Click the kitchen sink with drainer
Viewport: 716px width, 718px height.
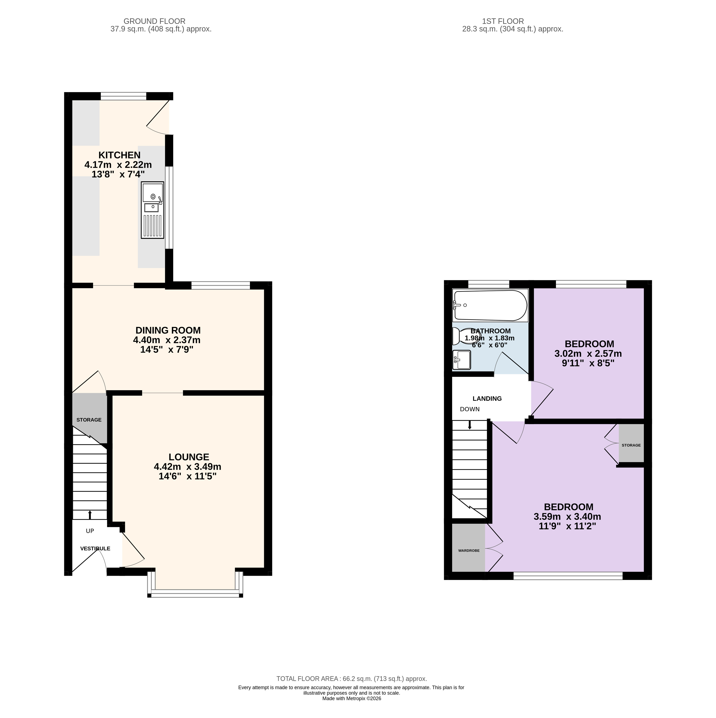(152, 210)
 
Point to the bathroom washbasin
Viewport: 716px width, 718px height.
(461, 360)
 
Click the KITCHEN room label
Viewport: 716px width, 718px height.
(119, 155)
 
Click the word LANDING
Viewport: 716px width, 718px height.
(487, 398)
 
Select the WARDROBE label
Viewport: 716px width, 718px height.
(469, 550)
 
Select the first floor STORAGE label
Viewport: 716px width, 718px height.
(631, 445)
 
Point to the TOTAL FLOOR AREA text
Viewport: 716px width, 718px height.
(352, 679)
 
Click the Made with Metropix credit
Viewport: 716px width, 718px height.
(352, 698)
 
